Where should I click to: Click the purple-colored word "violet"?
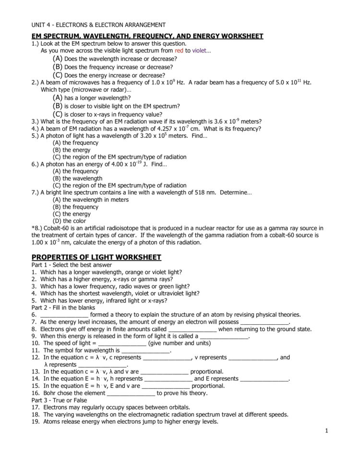coord(201,50)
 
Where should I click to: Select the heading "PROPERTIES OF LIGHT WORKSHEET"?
coord(96,258)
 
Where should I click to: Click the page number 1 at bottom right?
coord(326,430)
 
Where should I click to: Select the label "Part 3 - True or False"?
coord(60,400)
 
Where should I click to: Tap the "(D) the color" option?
coord(70,221)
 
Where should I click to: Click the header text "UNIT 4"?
coord(42,25)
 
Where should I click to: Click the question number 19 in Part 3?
coord(36,422)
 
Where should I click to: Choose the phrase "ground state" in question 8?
coord(293,329)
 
